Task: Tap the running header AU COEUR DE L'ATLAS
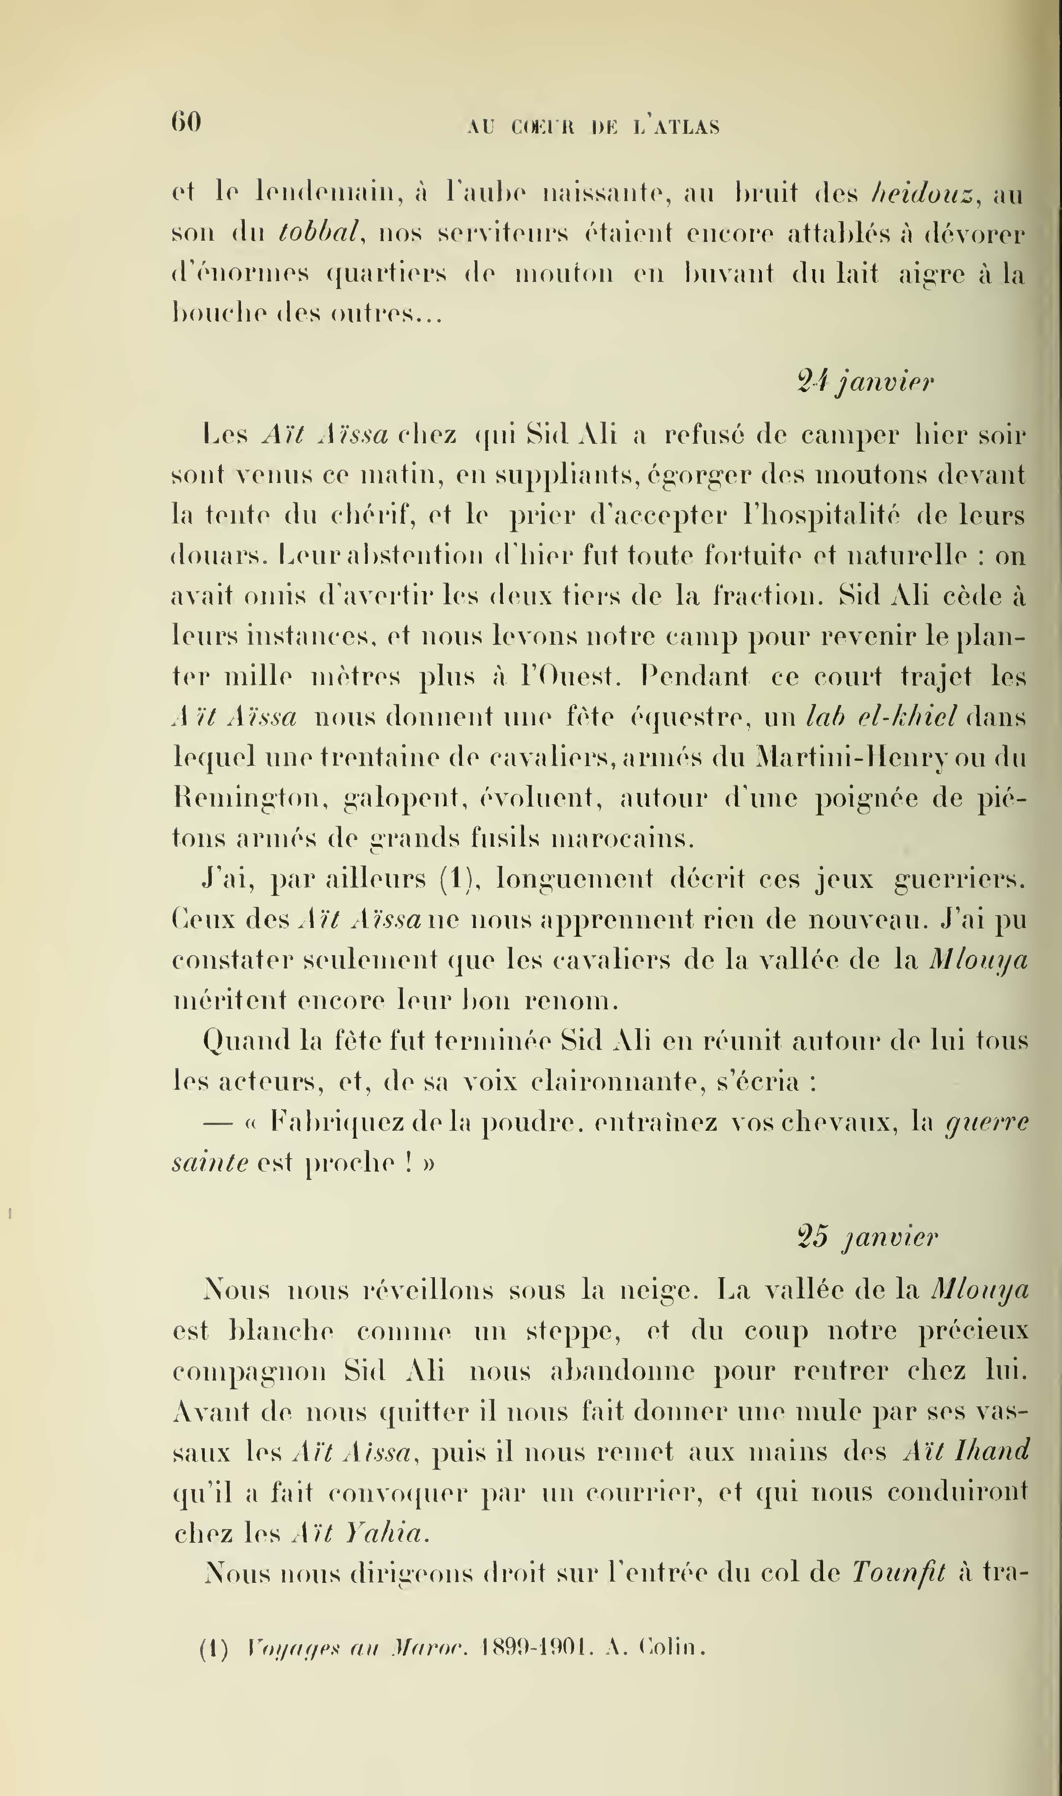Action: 593,127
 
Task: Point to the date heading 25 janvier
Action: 866,1237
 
